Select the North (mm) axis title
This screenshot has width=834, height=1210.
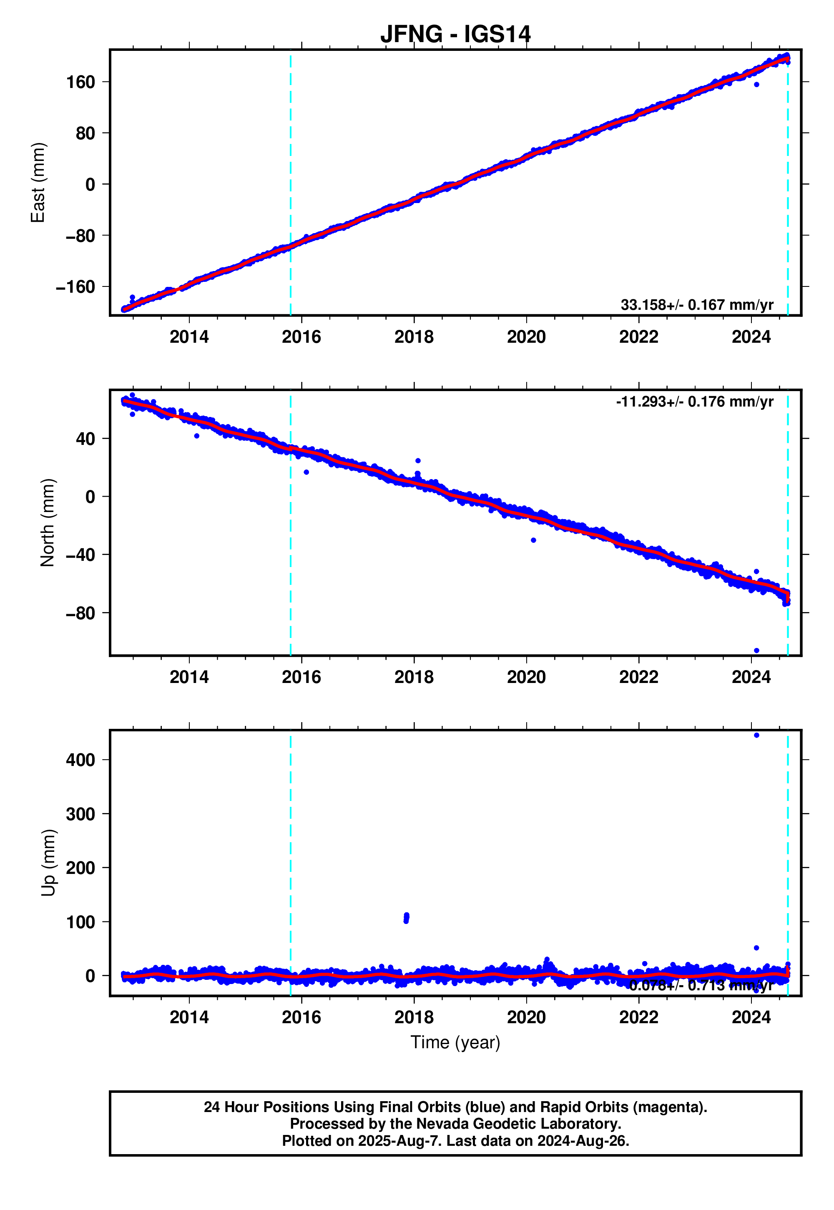click(x=48, y=522)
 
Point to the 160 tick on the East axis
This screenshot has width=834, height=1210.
click(x=80, y=82)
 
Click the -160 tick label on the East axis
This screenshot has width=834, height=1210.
click(x=76, y=287)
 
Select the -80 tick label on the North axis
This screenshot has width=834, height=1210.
click(x=80, y=613)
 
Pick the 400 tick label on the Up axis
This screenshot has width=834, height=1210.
click(x=80, y=760)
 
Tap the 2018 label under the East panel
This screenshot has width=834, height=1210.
click(x=414, y=337)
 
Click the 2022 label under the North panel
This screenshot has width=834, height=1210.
click(x=638, y=677)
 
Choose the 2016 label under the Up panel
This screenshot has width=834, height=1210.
click(x=301, y=1017)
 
